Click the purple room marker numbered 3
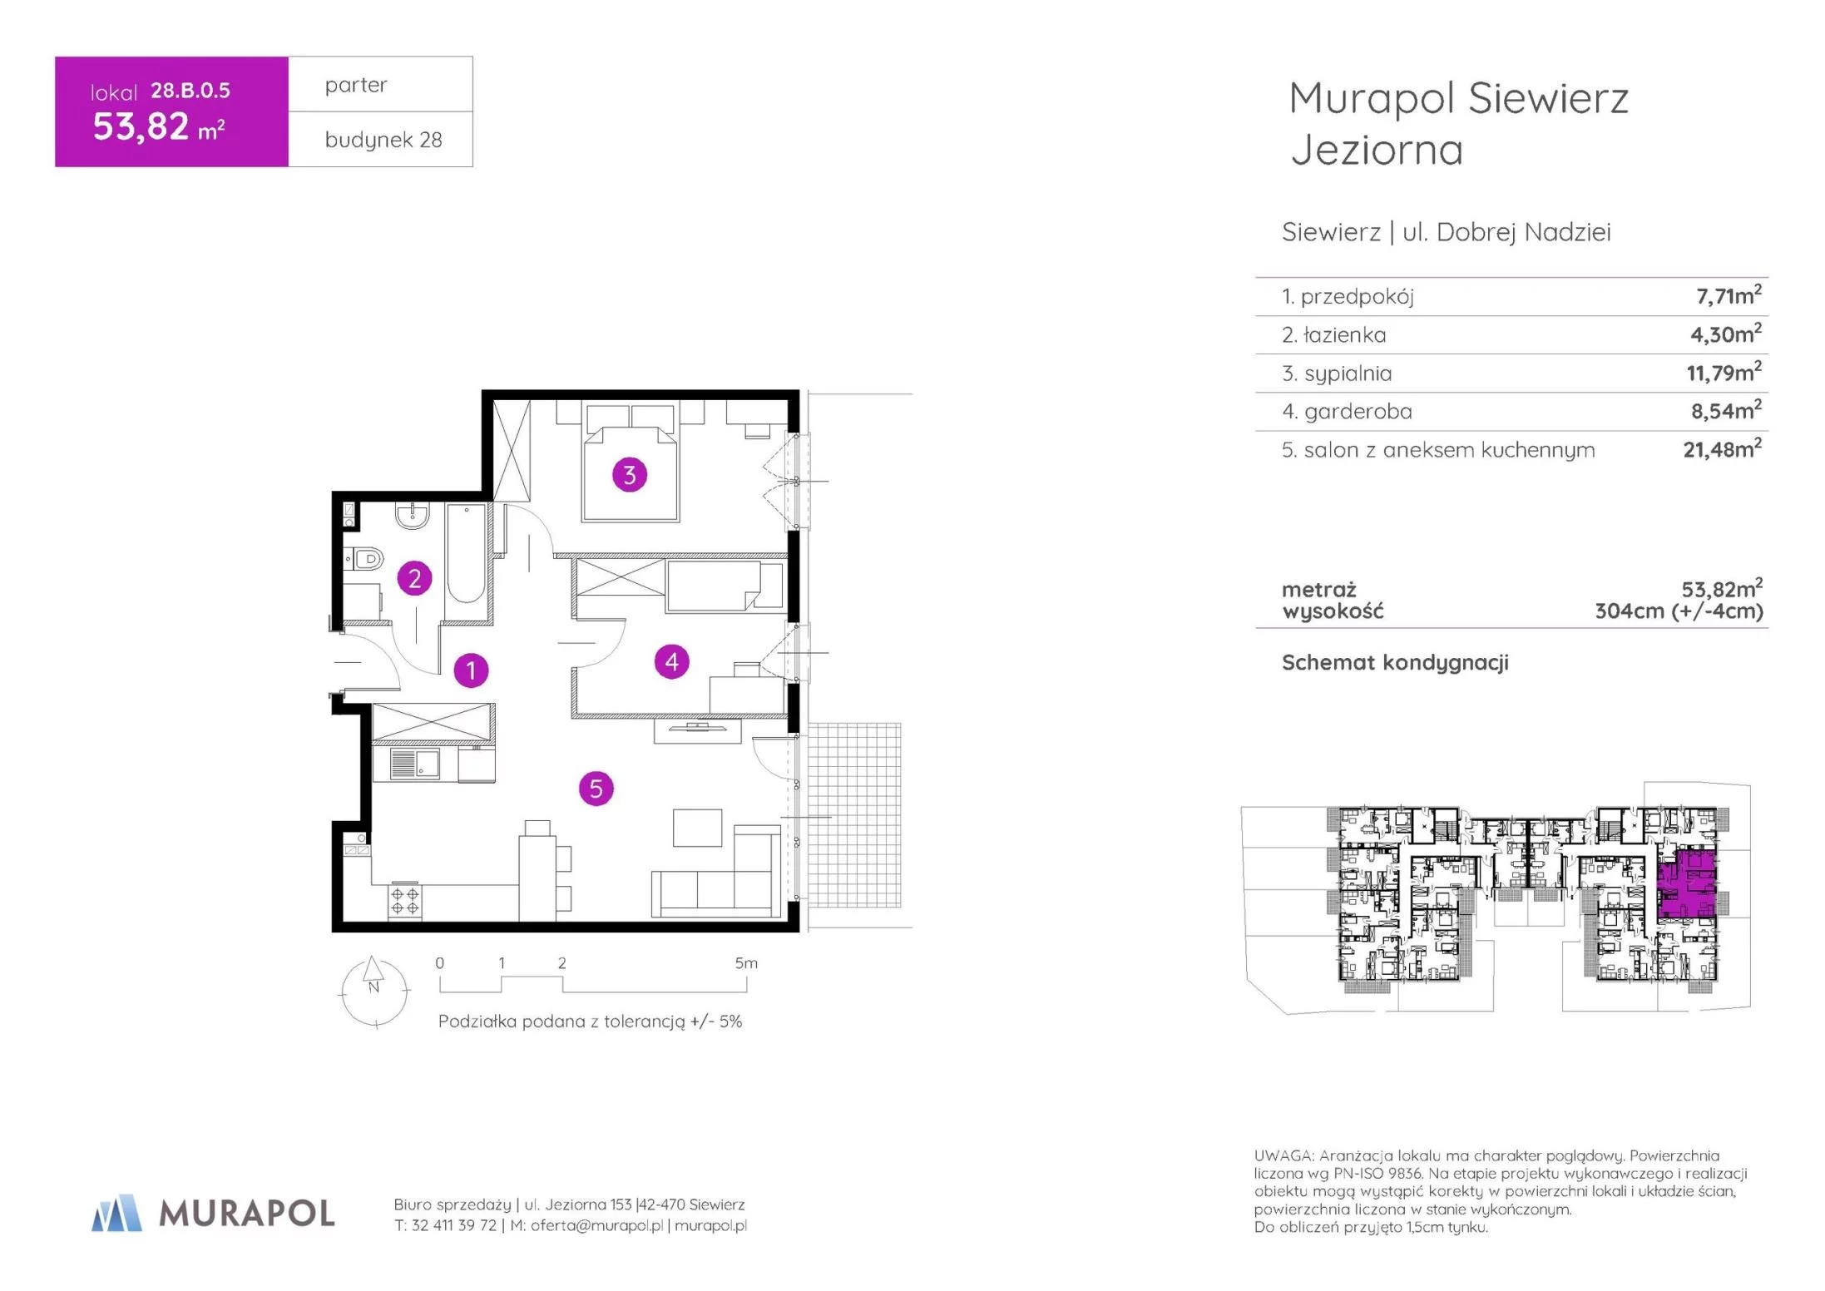pyautogui.click(x=630, y=475)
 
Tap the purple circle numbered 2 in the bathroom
pyautogui.click(x=414, y=578)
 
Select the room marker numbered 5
pyautogui.click(x=596, y=789)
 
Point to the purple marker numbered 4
pyautogui.click(x=672, y=662)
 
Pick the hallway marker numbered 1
pyautogui.click(x=471, y=670)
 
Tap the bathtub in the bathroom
pyautogui.click(x=466, y=552)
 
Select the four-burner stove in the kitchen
pyautogui.click(x=405, y=901)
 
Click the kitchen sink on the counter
pyautogui.click(x=414, y=764)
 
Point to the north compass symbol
pyautogui.click(x=374, y=992)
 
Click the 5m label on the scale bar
pyautogui.click(x=746, y=963)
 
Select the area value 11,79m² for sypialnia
pyautogui.click(x=1724, y=372)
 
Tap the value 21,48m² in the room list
pyautogui.click(x=1722, y=448)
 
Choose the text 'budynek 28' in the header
pyautogui.click(x=383, y=140)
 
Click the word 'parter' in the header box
pyautogui.click(x=356, y=86)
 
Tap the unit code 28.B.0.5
pyautogui.click(x=190, y=91)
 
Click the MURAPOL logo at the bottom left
pyautogui.click(x=213, y=1213)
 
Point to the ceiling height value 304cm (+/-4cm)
pyautogui.click(x=1679, y=611)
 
